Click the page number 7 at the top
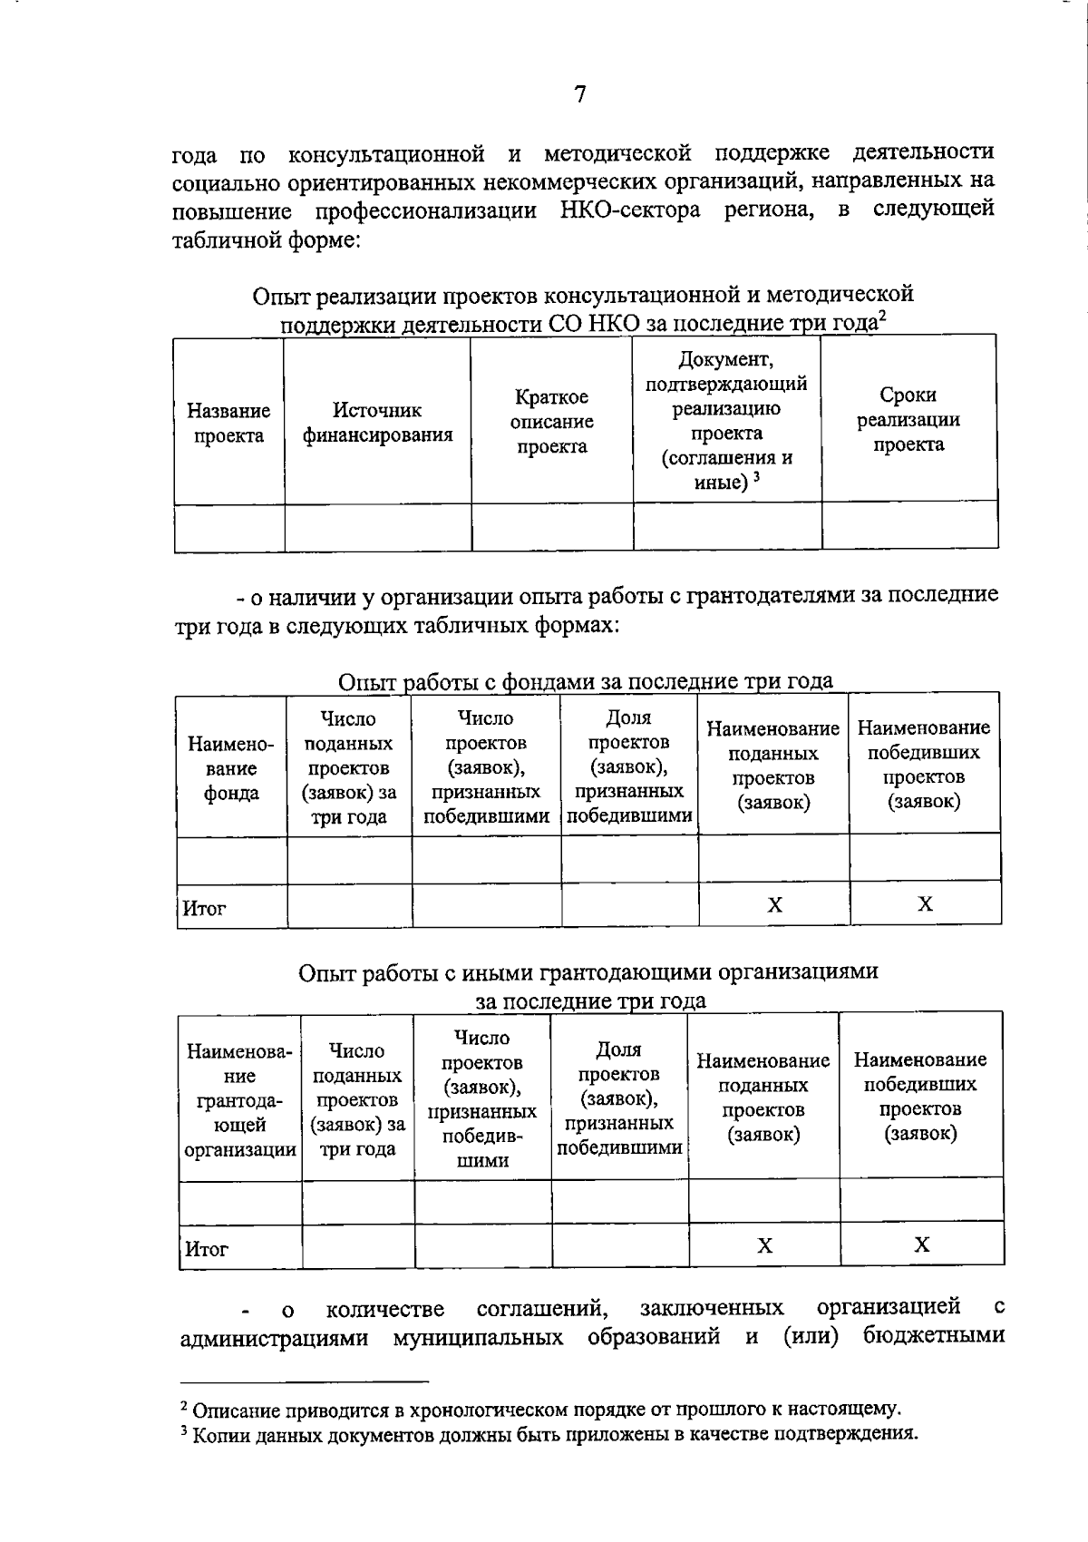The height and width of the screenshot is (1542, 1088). (579, 94)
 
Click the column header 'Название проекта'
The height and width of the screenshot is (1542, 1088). (228, 423)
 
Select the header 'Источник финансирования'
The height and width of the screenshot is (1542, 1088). (377, 423)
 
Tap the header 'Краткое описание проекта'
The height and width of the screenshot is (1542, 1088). (551, 422)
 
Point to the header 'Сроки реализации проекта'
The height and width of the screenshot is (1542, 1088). (908, 419)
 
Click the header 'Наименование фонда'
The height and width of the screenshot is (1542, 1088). (230, 768)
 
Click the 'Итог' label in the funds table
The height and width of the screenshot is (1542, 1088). (204, 908)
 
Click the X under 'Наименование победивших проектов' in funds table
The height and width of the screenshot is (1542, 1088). (925, 903)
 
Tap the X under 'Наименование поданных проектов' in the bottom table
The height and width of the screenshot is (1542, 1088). (764, 1245)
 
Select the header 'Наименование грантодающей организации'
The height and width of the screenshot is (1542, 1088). (239, 1100)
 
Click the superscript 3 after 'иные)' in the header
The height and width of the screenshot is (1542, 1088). (756, 476)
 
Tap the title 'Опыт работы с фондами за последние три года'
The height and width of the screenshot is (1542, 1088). (585, 681)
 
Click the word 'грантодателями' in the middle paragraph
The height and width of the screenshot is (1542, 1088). (776, 595)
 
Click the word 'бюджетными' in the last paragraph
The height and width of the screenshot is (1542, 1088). (933, 1336)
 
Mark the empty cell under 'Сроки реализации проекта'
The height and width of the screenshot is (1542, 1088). (909, 526)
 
